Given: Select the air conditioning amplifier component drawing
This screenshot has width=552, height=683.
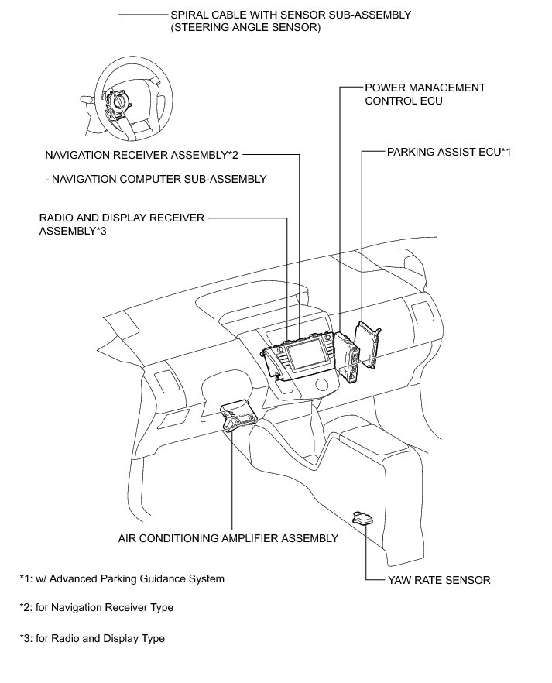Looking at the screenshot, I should [239, 417].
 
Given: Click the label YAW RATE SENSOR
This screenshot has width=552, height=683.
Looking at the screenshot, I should [438, 580].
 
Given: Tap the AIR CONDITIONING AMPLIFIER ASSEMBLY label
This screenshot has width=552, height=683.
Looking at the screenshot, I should [228, 538].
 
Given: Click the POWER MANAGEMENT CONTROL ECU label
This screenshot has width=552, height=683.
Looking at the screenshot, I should [425, 94].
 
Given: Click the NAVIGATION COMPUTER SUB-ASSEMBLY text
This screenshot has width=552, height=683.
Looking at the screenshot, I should [156, 179].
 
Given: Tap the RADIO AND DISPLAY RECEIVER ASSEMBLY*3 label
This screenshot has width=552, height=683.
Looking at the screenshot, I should [122, 224].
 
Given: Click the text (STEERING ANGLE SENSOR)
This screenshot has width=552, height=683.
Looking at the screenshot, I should [244, 28].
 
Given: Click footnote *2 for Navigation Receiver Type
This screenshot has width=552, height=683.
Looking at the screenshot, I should [97, 608].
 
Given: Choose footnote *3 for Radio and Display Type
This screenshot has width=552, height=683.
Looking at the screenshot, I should [92, 639].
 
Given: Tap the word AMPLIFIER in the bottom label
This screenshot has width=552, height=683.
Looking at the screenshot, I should [255, 538].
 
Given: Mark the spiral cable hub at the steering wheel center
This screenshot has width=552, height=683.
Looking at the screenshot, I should [120, 101].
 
